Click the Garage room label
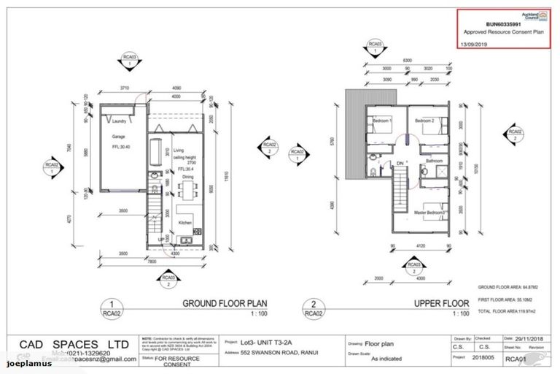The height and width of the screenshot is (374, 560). click(119, 137)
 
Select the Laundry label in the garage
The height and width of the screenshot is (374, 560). click(120, 122)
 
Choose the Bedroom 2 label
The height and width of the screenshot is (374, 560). click(424, 120)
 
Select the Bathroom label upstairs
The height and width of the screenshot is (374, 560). click(435, 160)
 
